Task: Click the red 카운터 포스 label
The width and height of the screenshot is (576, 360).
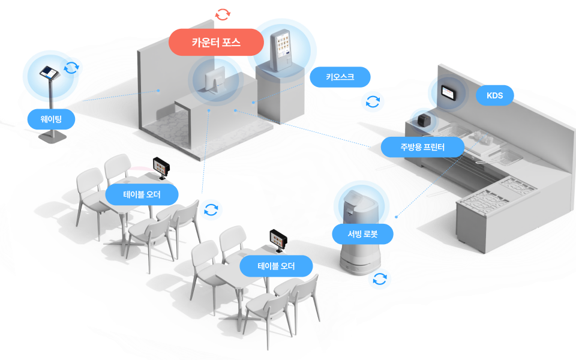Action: [216, 42]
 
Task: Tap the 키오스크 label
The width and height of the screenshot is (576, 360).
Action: [340, 77]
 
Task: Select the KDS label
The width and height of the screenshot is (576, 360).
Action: [494, 95]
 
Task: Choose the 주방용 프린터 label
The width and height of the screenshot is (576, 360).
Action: [422, 147]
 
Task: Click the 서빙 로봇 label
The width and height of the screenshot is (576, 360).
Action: [362, 234]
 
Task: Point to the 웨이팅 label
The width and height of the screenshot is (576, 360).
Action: [51, 119]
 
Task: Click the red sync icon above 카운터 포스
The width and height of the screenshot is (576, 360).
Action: [223, 14]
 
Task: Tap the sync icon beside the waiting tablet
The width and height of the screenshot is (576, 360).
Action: [71, 68]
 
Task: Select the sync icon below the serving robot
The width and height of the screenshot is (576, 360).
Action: [379, 279]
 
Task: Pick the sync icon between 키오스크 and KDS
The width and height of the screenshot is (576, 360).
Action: [373, 101]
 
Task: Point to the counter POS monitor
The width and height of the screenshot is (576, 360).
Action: [215, 80]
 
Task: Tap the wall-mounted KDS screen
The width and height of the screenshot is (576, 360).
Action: [449, 92]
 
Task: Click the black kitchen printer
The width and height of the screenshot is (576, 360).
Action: [424, 120]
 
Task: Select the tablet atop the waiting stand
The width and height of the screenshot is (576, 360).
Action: [49, 73]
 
